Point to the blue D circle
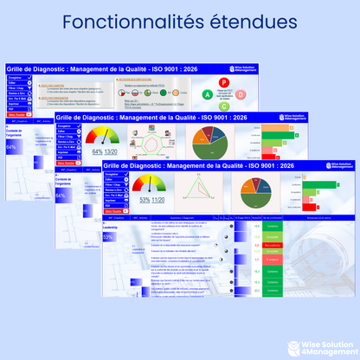[238, 94]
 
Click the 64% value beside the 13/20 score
[97, 151]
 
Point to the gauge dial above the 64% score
[105, 137]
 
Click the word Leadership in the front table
[110, 227]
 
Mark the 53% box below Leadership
[109, 236]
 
